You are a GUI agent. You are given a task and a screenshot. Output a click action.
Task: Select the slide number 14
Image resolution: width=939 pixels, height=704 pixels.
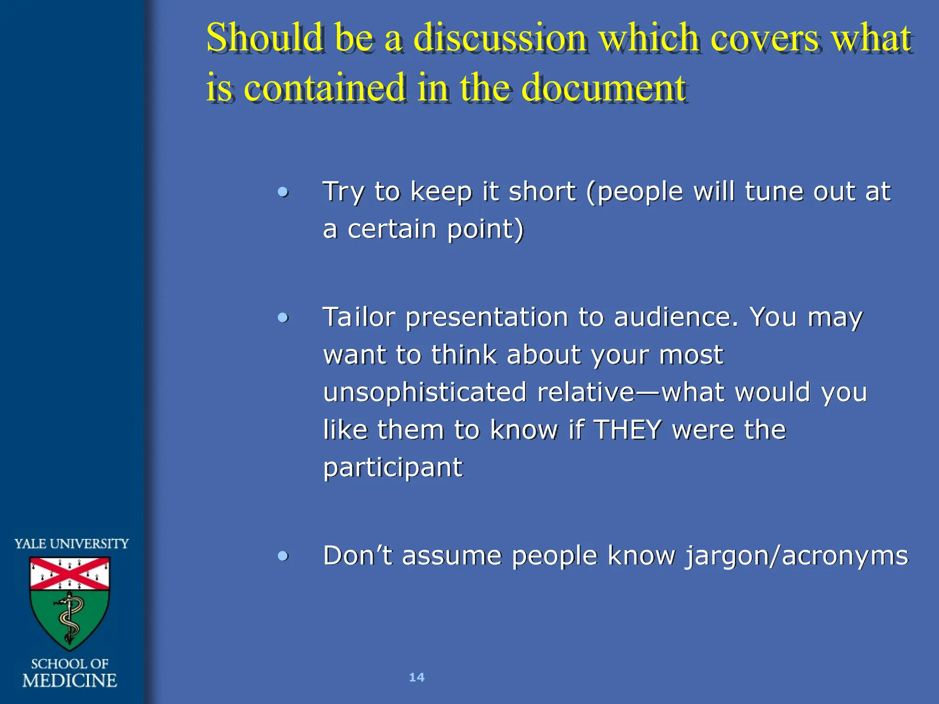tap(416, 677)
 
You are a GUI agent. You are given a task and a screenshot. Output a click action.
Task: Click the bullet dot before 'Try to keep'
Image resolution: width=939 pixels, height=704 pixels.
tap(283, 192)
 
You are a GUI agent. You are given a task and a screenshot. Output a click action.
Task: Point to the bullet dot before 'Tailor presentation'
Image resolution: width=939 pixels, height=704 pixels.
tap(283, 317)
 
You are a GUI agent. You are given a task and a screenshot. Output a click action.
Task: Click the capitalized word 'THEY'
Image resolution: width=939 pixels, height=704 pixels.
tap(627, 430)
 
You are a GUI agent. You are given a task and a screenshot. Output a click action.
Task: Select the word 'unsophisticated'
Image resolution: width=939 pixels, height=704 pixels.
tap(425, 392)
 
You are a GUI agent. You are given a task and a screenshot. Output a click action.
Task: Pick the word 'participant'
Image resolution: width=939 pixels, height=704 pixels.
tap(393, 467)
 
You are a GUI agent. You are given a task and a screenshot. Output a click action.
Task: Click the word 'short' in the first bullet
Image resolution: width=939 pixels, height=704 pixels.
tap(542, 192)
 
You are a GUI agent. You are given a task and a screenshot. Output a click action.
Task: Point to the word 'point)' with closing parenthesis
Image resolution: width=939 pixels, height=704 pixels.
tap(485, 229)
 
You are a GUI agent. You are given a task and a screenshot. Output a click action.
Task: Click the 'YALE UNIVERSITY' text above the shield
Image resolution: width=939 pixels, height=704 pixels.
tap(72, 544)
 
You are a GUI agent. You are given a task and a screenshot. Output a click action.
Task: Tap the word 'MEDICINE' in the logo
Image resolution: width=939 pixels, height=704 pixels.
tap(70, 681)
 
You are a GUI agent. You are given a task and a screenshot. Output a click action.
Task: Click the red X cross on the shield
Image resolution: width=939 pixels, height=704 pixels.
tap(70, 573)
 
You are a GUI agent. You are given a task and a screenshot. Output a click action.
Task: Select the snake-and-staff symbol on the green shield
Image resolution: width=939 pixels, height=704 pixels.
tap(70, 616)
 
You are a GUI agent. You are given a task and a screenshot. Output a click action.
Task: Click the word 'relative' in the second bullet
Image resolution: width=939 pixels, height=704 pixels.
tap(585, 392)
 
